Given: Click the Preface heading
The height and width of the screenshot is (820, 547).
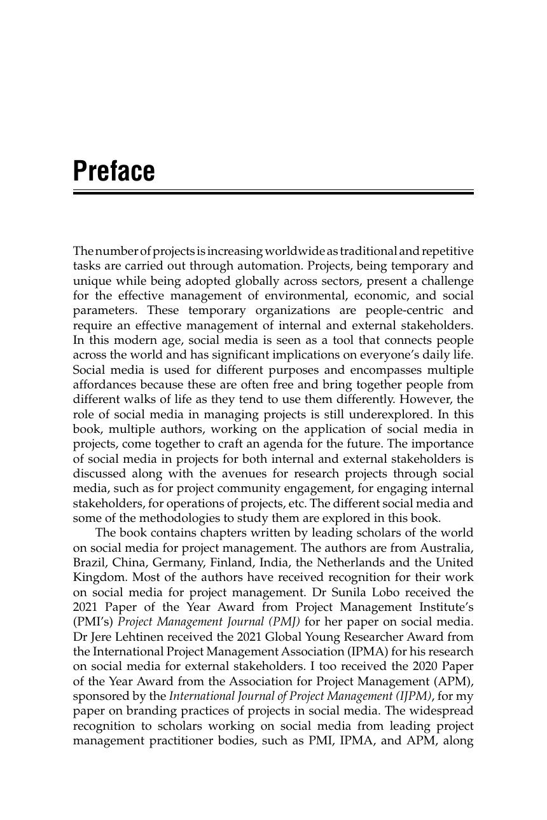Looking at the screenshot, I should pyautogui.click(x=114, y=171).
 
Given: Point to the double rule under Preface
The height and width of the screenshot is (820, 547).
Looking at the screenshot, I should pyautogui.click(x=273, y=191).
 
